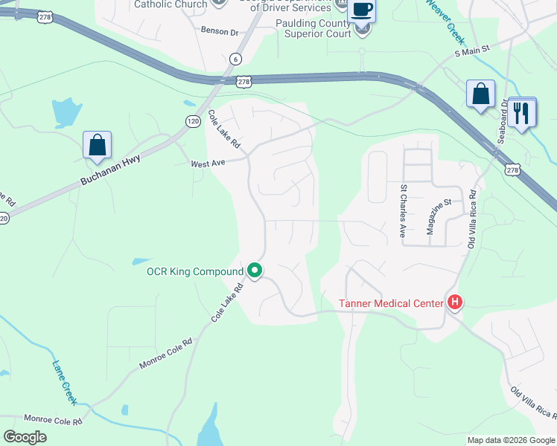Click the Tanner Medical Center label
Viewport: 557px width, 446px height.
(x=391, y=303)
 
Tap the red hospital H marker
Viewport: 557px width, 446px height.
(x=454, y=302)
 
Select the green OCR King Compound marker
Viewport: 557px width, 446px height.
(x=255, y=271)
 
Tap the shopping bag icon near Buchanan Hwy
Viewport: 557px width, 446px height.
(x=98, y=145)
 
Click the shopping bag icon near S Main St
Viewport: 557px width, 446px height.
(x=480, y=94)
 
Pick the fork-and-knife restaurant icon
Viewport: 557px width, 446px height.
(x=521, y=113)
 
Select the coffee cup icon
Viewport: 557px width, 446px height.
(x=362, y=10)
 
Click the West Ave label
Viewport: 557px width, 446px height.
(x=208, y=163)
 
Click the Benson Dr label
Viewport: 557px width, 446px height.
(x=220, y=32)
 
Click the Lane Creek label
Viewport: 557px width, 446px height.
(x=64, y=383)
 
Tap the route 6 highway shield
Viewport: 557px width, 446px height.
(x=235, y=58)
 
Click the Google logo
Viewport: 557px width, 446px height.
(x=25, y=437)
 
